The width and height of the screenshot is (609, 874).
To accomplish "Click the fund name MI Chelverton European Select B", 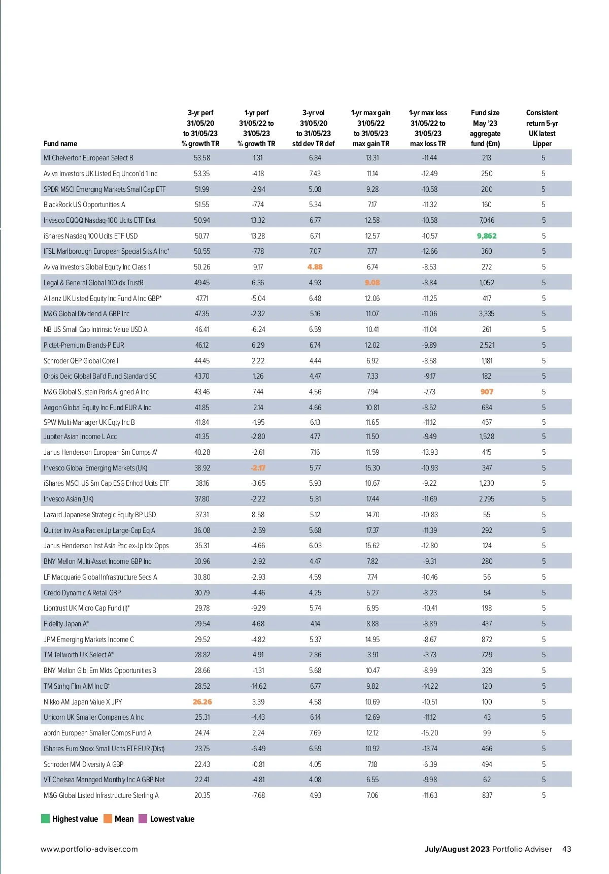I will pyautogui.click(x=88, y=158).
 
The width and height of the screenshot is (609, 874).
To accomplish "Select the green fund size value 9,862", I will pyautogui.click(x=487, y=236).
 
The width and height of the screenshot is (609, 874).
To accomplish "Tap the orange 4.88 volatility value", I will pyautogui.click(x=315, y=267).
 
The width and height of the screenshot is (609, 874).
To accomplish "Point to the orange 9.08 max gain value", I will pyautogui.click(x=372, y=283).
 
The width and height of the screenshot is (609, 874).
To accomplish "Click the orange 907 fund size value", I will pyautogui.click(x=487, y=392).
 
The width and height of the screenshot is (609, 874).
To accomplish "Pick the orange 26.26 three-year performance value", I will pyautogui.click(x=202, y=702).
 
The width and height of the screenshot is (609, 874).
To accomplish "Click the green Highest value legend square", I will pyautogui.click(x=45, y=819).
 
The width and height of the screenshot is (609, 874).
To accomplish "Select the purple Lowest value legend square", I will pyautogui.click(x=143, y=819).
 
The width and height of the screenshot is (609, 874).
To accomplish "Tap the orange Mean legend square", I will pyautogui.click(x=108, y=819).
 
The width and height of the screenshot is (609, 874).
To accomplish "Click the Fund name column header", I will pyautogui.click(x=60, y=144).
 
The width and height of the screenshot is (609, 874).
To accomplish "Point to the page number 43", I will pyautogui.click(x=566, y=849).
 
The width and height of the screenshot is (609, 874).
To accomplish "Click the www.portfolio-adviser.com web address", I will pyautogui.click(x=89, y=849).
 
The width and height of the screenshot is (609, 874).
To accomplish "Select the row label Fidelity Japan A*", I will pyautogui.click(x=66, y=624).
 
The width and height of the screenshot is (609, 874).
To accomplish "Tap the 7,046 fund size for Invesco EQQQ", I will pyautogui.click(x=487, y=220).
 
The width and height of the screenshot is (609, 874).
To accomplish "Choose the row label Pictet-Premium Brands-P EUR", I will pyautogui.click(x=84, y=345).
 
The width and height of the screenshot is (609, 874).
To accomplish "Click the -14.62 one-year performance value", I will pyautogui.click(x=258, y=686).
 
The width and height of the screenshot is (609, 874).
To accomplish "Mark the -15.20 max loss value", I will pyautogui.click(x=429, y=733).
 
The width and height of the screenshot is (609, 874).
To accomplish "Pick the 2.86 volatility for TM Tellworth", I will pyautogui.click(x=315, y=655).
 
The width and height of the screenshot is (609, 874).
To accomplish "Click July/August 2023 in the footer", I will pyautogui.click(x=457, y=849).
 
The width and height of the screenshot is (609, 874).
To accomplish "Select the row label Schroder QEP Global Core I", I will pyautogui.click(x=81, y=361).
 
